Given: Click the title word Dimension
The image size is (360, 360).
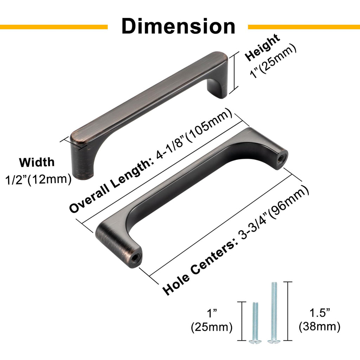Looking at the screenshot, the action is tap(178, 26).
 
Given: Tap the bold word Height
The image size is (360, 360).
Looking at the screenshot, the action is tap(262, 47).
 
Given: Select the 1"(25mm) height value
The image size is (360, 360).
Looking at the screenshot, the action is tap(273, 61).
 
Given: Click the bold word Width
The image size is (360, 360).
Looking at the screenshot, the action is tap(37, 162).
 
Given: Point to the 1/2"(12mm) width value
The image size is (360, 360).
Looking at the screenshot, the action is tap(38, 179).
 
